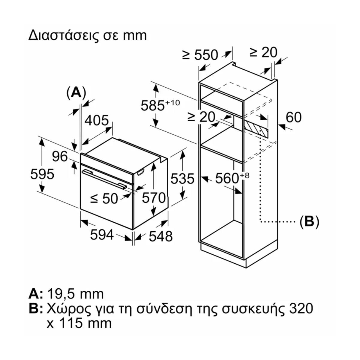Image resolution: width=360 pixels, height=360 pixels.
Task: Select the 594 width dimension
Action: (102, 235)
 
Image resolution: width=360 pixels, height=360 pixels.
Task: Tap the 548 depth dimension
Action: (161, 236)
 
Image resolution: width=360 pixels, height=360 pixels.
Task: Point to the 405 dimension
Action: (97, 121)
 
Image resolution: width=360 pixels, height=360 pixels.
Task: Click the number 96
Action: (60, 157)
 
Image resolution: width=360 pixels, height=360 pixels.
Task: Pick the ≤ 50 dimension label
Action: (104, 198)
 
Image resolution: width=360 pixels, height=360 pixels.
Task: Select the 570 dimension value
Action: (154, 198)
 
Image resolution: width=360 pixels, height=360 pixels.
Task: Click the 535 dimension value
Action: (183, 179)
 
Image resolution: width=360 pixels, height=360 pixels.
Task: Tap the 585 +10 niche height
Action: (160, 105)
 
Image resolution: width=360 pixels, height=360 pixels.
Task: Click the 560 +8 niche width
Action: (232, 178)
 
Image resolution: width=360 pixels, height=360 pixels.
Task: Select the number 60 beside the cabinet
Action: (294, 117)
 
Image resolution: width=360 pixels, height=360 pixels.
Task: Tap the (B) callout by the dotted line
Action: (309, 222)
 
